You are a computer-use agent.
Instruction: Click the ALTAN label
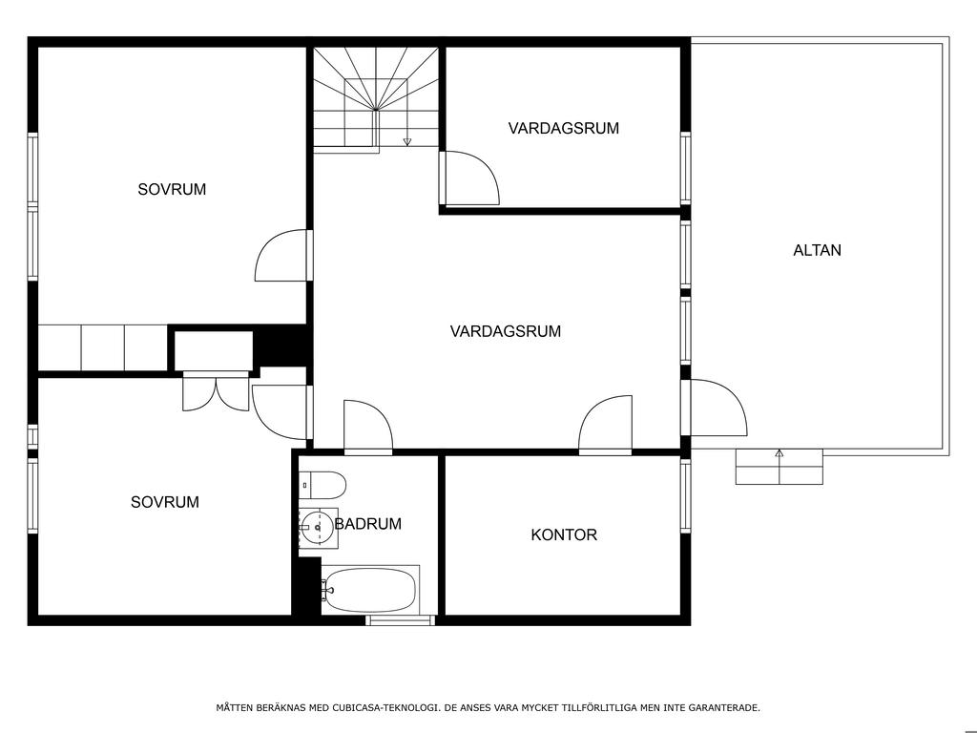pos(817,251)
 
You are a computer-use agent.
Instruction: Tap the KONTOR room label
pos(564,534)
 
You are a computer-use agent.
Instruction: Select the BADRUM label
pos(368,524)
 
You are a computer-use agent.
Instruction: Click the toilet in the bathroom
pos(322,485)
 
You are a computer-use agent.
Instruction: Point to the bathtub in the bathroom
pos(370,590)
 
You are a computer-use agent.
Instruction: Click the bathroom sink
pos(318,527)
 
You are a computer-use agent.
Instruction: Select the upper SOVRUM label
pos(172,190)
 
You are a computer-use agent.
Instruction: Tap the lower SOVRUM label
pos(165,502)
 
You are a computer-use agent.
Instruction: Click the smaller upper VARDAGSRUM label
pos(564,129)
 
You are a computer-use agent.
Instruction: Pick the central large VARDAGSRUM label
pos(506,331)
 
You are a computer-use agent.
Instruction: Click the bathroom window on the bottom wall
pos(400,620)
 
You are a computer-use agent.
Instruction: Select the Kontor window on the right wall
pos(685,496)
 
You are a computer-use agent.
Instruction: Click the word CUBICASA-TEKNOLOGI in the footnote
pos(384,707)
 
